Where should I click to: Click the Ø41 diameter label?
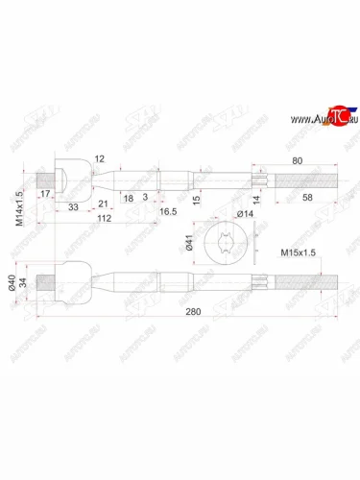189,243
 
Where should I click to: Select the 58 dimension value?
306,197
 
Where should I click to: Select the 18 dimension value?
130,197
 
